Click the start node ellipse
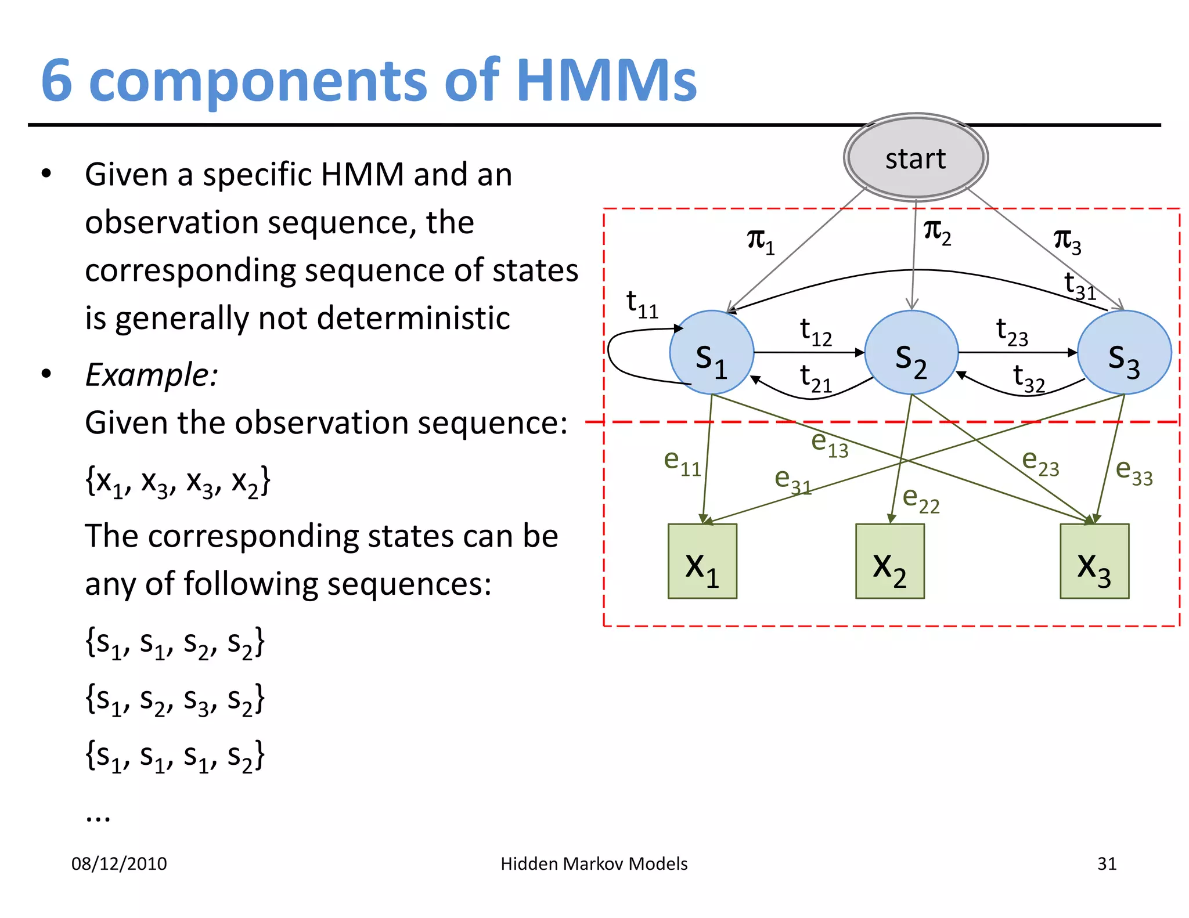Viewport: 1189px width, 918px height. [916, 158]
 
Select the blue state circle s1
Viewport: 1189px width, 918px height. [711, 353]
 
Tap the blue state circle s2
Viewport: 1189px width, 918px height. [911, 353]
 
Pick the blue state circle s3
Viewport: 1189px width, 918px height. [1124, 353]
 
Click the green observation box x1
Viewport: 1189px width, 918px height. [702, 561]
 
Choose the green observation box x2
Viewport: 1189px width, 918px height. [889, 561]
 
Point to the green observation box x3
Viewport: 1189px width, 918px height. [1094, 561]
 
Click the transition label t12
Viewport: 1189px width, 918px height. [815, 332]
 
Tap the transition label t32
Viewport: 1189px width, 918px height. [1028, 378]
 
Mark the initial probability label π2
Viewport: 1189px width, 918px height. [936, 232]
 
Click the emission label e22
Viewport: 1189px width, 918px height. [921, 500]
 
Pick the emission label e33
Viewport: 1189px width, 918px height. [1134, 471]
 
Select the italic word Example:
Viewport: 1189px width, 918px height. [152, 374]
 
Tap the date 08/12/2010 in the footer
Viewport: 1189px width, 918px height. [119, 863]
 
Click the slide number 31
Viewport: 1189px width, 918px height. [1107, 863]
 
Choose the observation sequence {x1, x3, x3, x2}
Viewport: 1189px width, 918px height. [178, 482]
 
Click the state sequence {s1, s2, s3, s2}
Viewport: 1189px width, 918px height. [175, 699]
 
